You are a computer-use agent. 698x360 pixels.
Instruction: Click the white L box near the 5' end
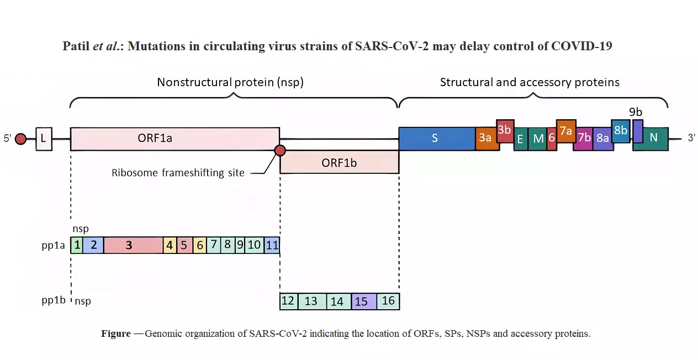pyautogui.click(x=44, y=139)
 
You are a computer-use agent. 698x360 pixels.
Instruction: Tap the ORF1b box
pyautogui.click(x=339, y=162)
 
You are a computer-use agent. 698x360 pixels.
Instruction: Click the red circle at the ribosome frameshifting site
pyautogui.click(x=280, y=151)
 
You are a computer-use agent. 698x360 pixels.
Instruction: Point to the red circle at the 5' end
pyautogui.click(x=20, y=139)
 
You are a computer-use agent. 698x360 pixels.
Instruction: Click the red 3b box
pyautogui.click(x=505, y=131)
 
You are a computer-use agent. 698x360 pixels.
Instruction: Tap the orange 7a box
pyautogui.click(x=566, y=131)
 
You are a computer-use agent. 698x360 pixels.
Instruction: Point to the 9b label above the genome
pyautogui.click(x=636, y=112)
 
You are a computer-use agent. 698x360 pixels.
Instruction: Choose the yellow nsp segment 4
pyautogui.click(x=170, y=245)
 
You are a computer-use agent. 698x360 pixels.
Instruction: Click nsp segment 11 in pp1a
pyautogui.click(x=272, y=245)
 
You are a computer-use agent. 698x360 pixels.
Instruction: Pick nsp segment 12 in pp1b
pyautogui.click(x=288, y=301)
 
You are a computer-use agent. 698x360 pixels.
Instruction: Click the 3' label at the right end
pyautogui.click(x=691, y=139)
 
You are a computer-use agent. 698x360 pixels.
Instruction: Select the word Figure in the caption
pyautogui.click(x=115, y=334)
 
